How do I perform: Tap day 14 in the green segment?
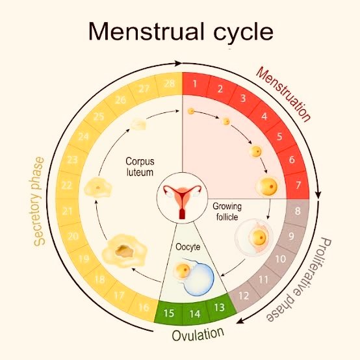pyautogui.click(x=195, y=314)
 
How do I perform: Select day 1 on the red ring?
pyautogui.click(x=195, y=84)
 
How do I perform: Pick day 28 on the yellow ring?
pyautogui.click(x=170, y=84)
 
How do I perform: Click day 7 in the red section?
pyautogui.click(x=298, y=185)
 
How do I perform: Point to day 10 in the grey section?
pyautogui.click(x=280, y=259)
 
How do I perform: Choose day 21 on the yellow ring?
pyautogui.click(x=67, y=211)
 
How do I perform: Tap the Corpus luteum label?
pyautogui.click(x=140, y=167)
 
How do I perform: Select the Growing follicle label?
pyautogui.click(x=227, y=211)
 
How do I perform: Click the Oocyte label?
pyautogui.click(x=188, y=247)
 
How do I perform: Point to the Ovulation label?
pyautogui.click(x=198, y=334)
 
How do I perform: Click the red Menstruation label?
pyautogui.click(x=283, y=94)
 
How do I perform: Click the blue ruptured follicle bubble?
pyautogui.click(x=199, y=279)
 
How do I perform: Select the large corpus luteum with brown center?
pyautogui.click(x=124, y=251)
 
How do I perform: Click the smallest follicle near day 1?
pyautogui.click(x=191, y=112)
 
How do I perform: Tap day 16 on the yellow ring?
pyautogui.click(x=144, y=307)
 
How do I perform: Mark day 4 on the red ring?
pyautogui.click(x=264, y=116)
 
